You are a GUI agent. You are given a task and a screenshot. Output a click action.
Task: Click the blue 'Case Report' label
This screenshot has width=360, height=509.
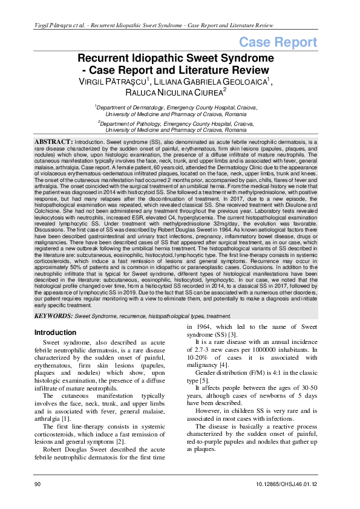(278, 42)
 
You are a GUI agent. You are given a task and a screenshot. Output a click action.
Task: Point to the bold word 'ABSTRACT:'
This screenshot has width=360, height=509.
(53, 140)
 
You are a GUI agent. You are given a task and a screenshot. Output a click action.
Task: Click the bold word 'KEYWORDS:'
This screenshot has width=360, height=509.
(53, 316)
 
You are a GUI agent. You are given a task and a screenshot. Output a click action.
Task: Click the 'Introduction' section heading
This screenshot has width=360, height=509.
(55, 332)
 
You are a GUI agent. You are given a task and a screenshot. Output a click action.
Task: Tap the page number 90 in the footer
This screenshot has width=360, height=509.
(38, 485)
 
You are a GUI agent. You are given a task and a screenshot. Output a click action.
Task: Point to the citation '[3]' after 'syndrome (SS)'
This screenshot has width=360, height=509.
(233, 334)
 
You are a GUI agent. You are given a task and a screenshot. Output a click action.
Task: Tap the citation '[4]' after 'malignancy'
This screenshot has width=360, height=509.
(224, 365)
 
